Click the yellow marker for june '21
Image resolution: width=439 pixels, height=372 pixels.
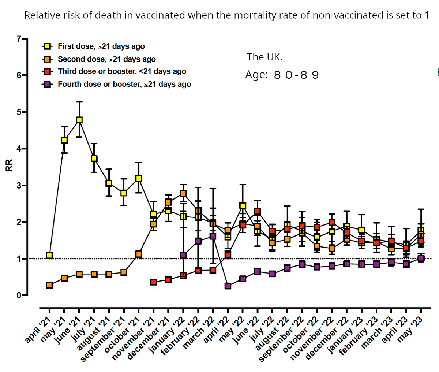pyautogui.click(x=79, y=120)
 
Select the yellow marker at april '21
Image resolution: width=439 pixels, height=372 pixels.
pyautogui.click(x=49, y=255)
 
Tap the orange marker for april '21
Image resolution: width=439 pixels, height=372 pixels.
pyautogui.click(x=49, y=285)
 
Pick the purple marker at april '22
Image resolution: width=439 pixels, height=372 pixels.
pyautogui.click(x=228, y=286)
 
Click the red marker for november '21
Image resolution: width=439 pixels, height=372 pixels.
pyautogui.click(x=153, y=282)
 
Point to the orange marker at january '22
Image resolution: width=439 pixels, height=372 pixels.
pyautogui.click(x=183, y=193)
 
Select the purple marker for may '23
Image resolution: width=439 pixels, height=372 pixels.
pyautogui.click(x=421, y=258)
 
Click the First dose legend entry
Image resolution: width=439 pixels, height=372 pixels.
pyautogui.click(x=101, y=46)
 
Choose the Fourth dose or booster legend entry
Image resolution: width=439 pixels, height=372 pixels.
pyautogui.click(x=124, y=84)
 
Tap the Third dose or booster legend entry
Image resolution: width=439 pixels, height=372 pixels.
pyautogui.click(x=122, y=71)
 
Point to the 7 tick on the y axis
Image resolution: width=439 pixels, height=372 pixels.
pyautogui.click(x=19, y=38)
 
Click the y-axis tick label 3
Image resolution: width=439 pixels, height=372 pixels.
pyautogui.click(x=19, y=185)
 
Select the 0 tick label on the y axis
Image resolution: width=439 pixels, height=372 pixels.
pyautogui.click(x=19, y=295)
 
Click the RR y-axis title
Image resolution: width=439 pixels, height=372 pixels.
pyautogui.click(x=8, y=167)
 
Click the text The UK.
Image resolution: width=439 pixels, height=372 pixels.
pyautogui.click(x=264, y=57)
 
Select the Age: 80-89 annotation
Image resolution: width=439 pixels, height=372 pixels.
pyautogui.click(x=282, y=75)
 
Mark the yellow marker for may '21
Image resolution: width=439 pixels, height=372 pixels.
pyautogui.click(x=64, y=140)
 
